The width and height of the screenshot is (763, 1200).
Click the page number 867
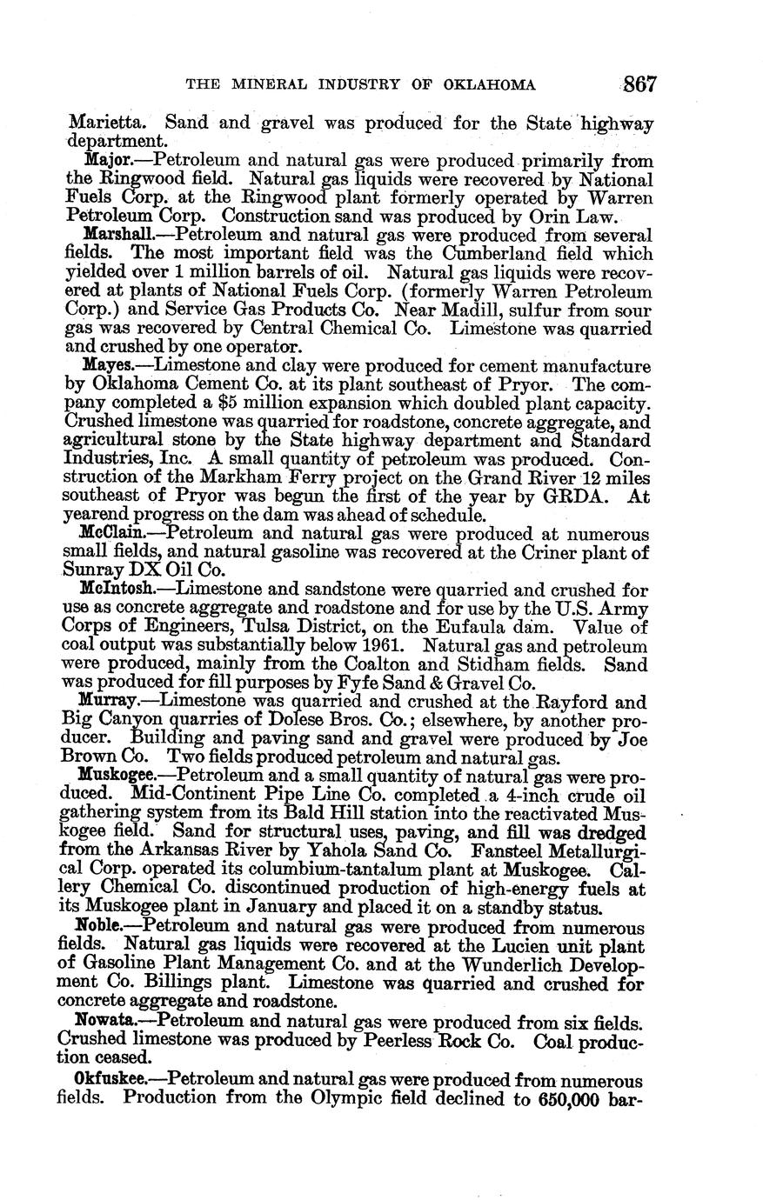(x=638, y=84)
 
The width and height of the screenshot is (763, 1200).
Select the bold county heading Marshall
(x=112, y=235)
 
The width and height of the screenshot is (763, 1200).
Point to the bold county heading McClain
(x=110, y=533)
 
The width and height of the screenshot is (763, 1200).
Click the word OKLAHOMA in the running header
(x=487, y=85)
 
